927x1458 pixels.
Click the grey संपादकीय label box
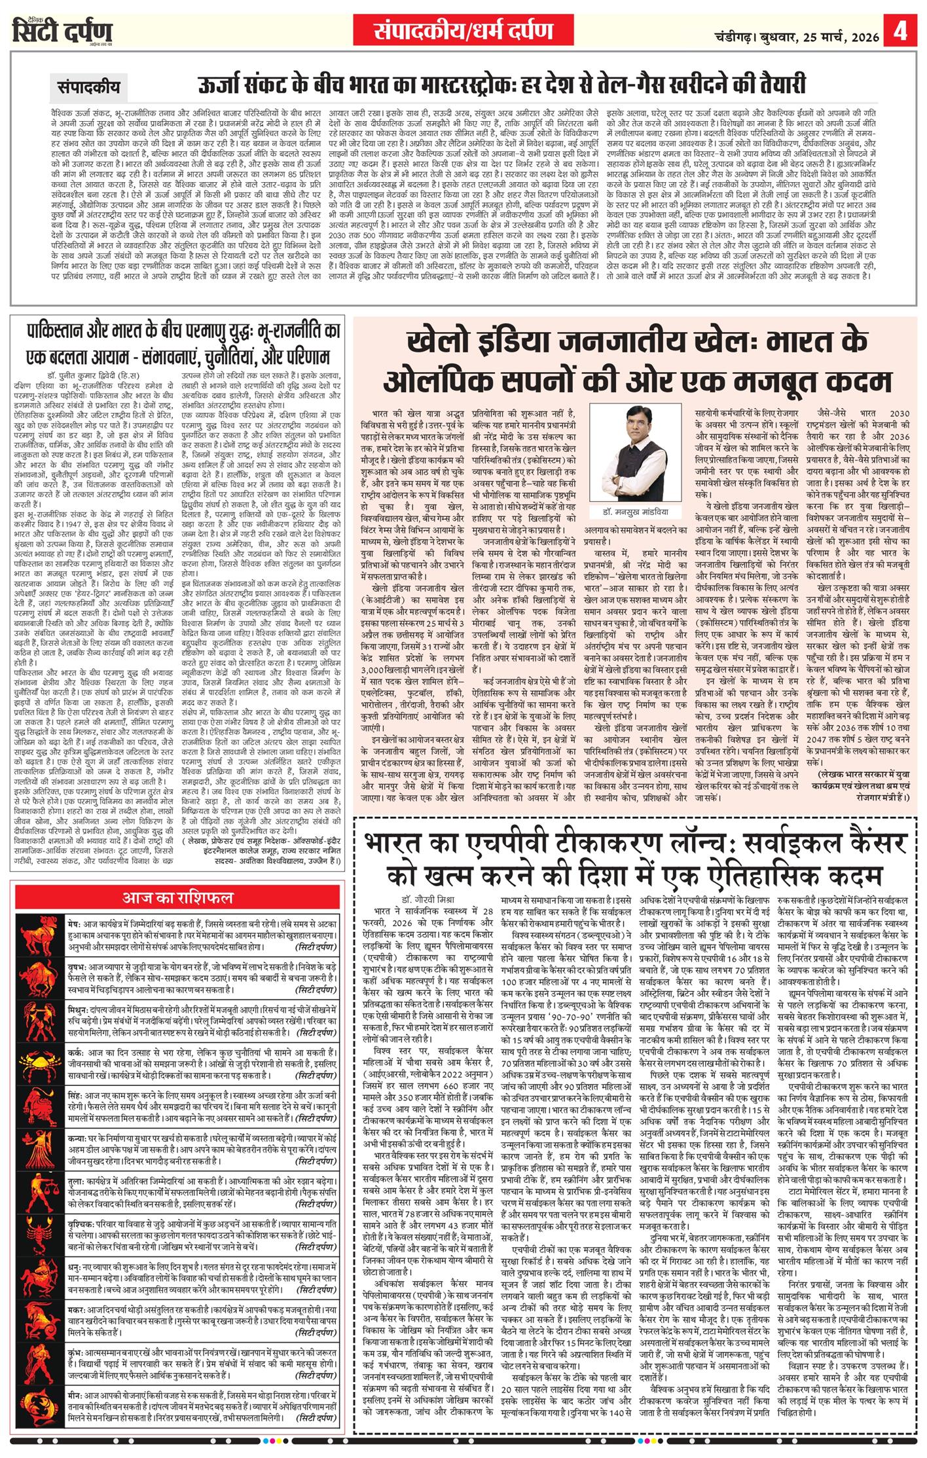89,86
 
